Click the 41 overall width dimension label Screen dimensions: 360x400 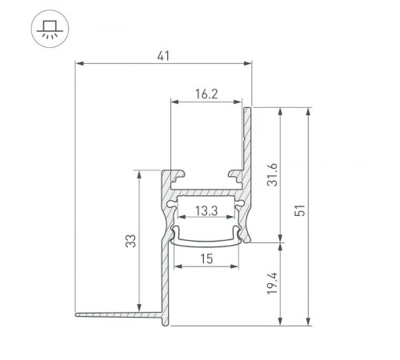164,55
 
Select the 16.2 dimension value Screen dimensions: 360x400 206,94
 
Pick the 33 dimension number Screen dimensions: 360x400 130,242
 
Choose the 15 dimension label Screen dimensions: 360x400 206,258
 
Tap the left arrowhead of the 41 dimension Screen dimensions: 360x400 78,62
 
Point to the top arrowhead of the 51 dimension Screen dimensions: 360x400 308,110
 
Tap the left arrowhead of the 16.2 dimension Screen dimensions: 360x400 174,101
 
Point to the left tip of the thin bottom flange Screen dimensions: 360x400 78,314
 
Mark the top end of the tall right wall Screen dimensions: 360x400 249,108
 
